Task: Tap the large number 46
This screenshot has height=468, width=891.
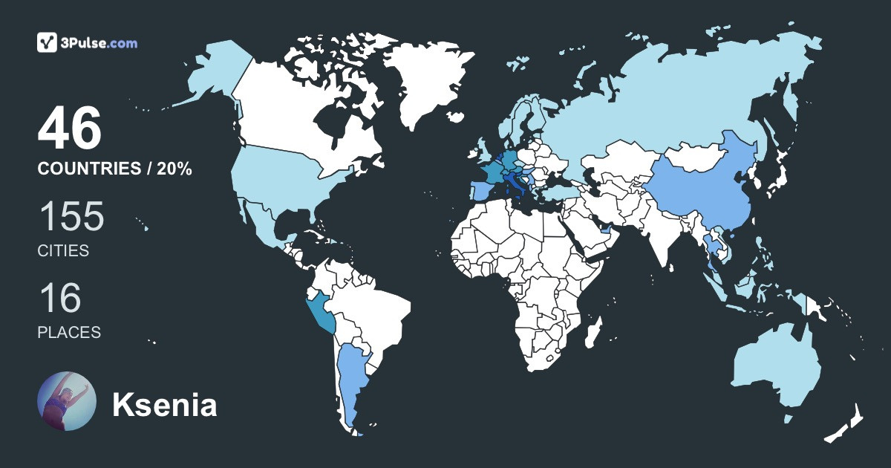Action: pyautogui.click(x=69, y=129)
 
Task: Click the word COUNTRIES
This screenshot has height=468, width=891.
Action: pyautogui.click(x=88, y=169)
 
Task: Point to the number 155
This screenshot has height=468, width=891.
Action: pyautogui.click(x=71, y=217)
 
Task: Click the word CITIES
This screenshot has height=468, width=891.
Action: pyautogui.click(x=63, y=251)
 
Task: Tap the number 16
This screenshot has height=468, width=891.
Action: pyautogui.click(x=59, y=299)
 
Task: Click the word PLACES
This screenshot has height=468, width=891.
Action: pyautogui.click(x=69, y=332)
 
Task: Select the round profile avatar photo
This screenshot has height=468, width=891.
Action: pyautogui.click(x=67, y=401)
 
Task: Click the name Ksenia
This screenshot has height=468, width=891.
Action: pyautogui.click(x=164, y=406)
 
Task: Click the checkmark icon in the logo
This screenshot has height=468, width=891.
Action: pyautogui.click(x=48, y=43)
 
